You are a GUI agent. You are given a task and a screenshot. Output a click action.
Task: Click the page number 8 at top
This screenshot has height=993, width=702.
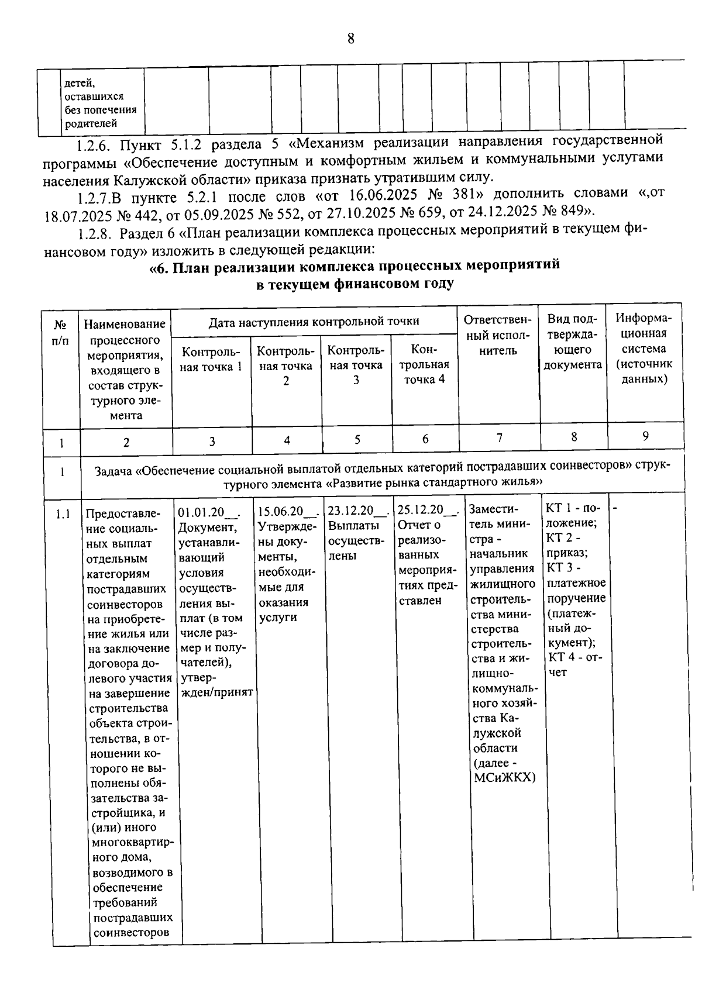pos(350,39)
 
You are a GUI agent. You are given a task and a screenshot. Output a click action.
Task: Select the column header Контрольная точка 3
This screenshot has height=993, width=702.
pos(356,365)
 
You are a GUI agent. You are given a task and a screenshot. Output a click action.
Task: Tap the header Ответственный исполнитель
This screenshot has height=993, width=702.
pos(498,336)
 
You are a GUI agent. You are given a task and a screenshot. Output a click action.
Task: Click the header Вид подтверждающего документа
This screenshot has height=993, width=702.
pos(572,342)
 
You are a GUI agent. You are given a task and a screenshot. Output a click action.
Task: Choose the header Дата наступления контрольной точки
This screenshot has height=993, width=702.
pos(314,321)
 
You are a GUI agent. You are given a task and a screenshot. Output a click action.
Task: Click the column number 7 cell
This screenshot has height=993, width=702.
pos(499,438)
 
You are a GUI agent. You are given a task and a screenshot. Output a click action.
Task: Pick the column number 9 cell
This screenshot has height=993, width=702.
pos(645,436)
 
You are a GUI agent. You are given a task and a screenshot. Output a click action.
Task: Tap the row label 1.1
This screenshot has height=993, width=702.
pos(63,515)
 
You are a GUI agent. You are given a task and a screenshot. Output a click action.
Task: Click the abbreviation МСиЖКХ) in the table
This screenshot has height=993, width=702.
pos(504,778)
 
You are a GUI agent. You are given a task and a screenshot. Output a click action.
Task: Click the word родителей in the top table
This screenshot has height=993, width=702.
pos(91,123)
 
